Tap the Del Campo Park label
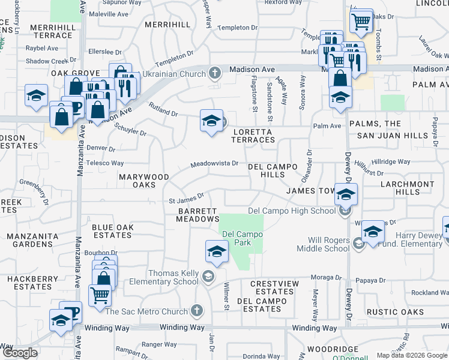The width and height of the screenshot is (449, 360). coord(244,238)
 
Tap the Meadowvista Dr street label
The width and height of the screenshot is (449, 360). coord(215,164)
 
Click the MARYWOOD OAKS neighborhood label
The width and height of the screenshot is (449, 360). coord(143,181)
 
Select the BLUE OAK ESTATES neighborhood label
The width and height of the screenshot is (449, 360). coord(112,232)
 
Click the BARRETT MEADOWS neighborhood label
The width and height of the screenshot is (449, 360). coord(197,215)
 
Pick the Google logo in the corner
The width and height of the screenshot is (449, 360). coord(20,352)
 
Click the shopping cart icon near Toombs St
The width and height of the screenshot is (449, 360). coord(361,22)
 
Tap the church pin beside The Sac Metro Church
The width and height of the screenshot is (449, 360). coord(197,311)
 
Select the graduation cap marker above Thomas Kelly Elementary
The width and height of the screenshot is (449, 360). coord(217,251)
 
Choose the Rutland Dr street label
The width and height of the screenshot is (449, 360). coord(163,110)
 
